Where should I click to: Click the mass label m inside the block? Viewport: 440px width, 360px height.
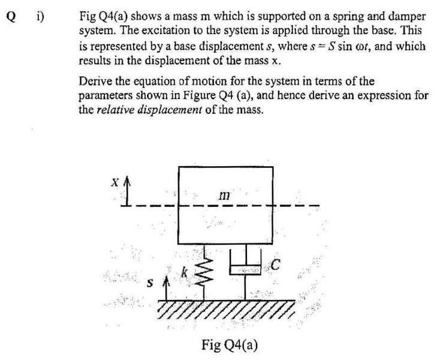pyautogui.click(x=224, y=195)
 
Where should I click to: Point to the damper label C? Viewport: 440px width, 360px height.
pyautogui.click(x=276, y=265)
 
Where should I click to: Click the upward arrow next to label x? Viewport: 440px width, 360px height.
pyautogui.click(x=128, y=191)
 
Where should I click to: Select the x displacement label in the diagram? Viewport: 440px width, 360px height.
pyautogui.click(x=115, y=183)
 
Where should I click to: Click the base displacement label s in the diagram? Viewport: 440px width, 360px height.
pyautogui.click(x=150, y=283)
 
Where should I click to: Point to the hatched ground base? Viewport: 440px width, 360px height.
pyautogui.click(x=226, y=310)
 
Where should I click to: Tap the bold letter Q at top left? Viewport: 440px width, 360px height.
pyautogui.click(x=11, y=17)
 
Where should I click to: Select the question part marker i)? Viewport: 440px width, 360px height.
pyautogui.click(x=40, y=17)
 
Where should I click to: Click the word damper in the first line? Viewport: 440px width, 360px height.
pyautogui.click(x=407, y=17)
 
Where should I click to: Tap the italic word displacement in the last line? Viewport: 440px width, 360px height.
pyautogui.click(x=170, y=110)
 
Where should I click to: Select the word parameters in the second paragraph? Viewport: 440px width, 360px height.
pyautogui.click(x=106, y=96)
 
